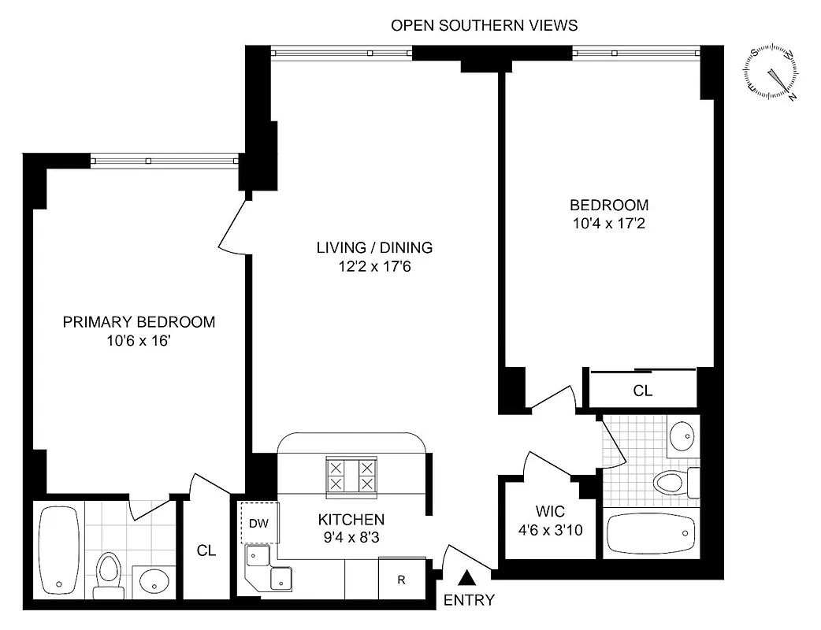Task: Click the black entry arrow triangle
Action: click(x=467, y=578)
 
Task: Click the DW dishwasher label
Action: click(x=258, y=522)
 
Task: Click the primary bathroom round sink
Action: click(x=153, y=581)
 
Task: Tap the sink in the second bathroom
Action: click(x=680, y=435)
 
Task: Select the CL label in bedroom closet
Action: click(x=643, y=391)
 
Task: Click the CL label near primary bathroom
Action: click(x=206, y=551)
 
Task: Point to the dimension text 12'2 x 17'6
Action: click(x=375, y=266)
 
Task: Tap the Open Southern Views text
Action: click(x=485, y=25)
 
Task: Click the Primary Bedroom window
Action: click(x=164, y=161)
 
